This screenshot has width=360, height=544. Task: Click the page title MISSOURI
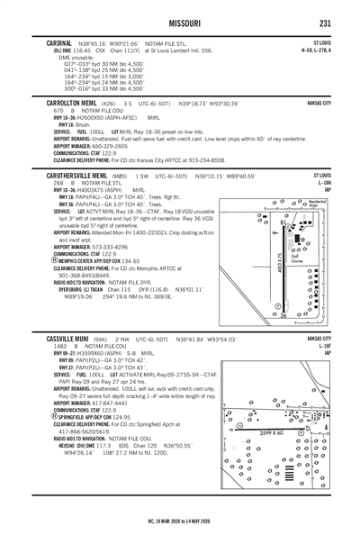(180, 23)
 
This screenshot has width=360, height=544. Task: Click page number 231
(326, 23)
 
